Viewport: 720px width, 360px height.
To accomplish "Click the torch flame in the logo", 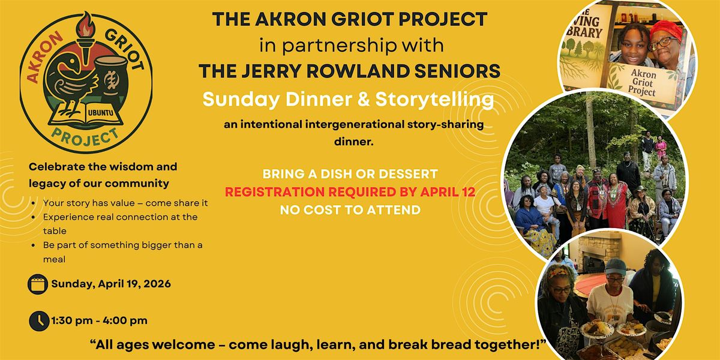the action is [85, 25].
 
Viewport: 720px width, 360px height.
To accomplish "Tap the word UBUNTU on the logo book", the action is [100, 113].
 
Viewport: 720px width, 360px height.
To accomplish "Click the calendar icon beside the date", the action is [38, 284].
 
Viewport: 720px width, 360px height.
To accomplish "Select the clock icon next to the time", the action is [39, 321].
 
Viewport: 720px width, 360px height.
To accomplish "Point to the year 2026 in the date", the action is [157, 284].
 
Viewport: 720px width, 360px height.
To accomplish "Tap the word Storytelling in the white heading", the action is [434, 100].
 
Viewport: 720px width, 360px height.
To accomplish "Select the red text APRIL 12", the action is [448, 192].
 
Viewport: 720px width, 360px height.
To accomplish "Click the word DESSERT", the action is [408, 174].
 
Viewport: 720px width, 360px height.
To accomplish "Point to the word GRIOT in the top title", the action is [362, 19].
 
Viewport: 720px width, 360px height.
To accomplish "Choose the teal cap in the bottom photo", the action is [616, 267].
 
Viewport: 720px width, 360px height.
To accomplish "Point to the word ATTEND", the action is [394, 210].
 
